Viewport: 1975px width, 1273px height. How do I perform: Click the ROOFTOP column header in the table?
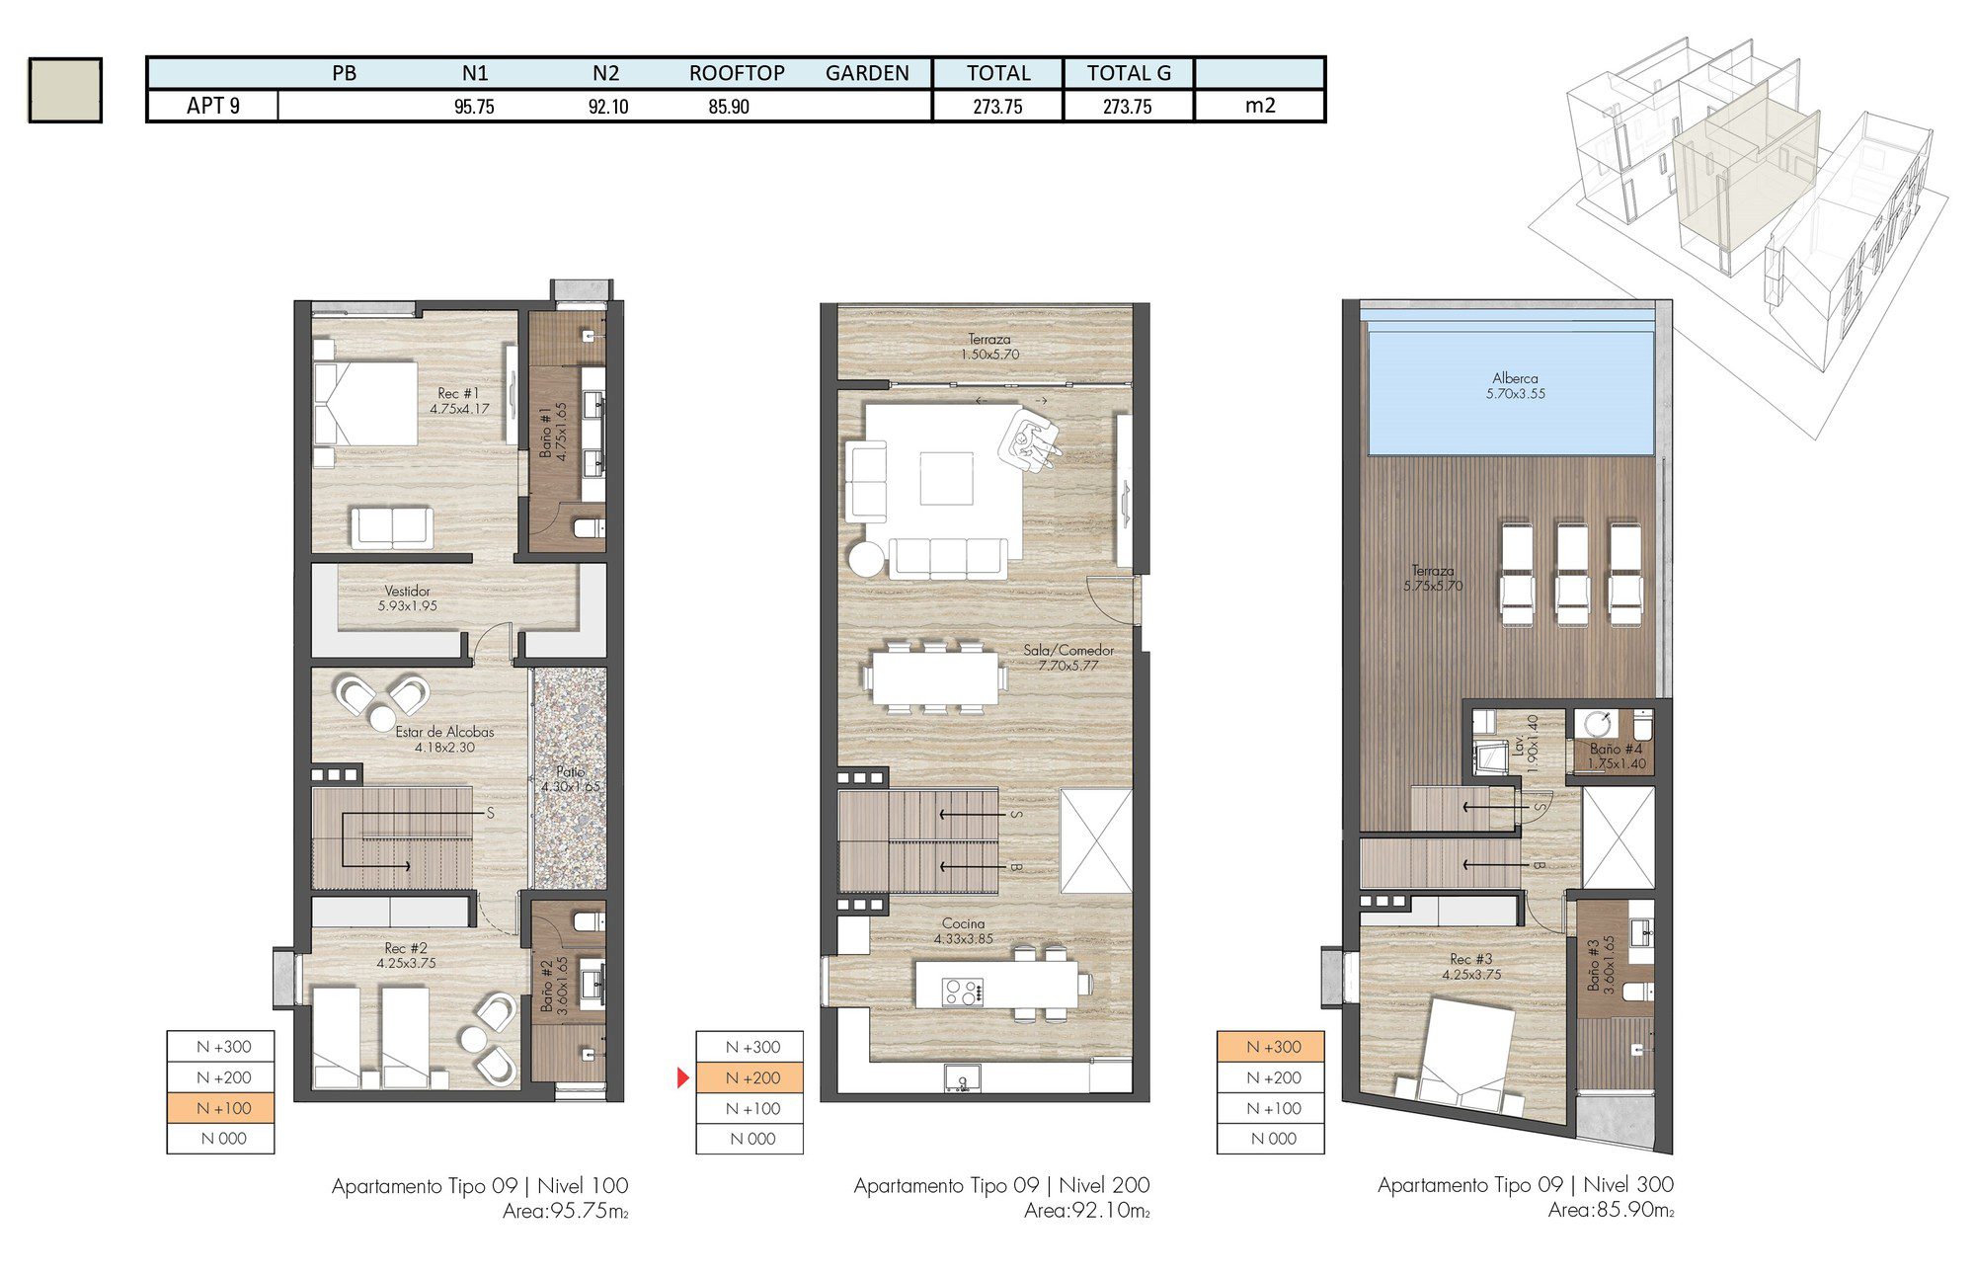[737, 73]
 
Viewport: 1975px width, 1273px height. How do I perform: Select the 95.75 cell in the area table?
[474, 107]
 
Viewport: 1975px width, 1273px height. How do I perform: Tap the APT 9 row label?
[213, 106]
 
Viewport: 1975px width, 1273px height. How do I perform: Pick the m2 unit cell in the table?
[1260, 106]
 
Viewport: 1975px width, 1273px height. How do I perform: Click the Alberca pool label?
[1515, 385]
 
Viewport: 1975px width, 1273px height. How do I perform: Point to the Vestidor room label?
[407, 598]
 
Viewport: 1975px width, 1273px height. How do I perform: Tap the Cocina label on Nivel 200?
[963, 930]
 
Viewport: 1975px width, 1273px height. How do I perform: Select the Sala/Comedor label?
[1068, 657]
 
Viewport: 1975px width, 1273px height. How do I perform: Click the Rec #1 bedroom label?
[459, 400]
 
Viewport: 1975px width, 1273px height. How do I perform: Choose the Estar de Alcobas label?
[444, 739]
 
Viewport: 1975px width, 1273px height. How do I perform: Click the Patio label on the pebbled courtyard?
[570, 778]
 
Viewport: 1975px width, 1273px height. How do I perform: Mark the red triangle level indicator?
[682, 1077]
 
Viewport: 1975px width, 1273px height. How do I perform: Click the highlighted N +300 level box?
[1271, 1047]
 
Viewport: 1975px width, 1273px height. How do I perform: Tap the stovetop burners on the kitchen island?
[962, 991]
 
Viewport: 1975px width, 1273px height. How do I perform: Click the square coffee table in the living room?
[946, 478]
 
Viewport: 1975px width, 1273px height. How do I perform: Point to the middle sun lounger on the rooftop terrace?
[1571, 574]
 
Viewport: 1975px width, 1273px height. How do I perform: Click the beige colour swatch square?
[65, 90]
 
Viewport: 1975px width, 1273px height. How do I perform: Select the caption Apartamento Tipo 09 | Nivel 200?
[1001, 1185]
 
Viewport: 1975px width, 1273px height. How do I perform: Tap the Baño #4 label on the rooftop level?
[1616, 756]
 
